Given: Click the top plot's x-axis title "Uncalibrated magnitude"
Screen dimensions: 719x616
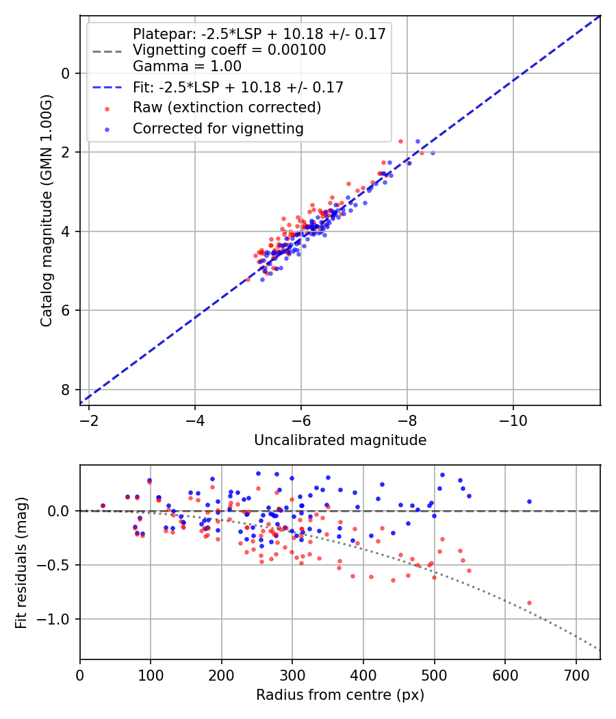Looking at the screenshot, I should pos(340,440).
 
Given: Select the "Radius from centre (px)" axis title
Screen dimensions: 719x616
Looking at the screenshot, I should pos(340,695).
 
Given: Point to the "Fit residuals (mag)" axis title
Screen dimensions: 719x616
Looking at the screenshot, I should pos(21,562).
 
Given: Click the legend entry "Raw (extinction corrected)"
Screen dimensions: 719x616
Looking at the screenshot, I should pos(227,108).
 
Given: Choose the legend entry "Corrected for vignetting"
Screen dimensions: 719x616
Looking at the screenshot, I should pos(218,128).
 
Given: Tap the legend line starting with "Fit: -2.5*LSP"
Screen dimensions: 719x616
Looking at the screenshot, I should pos(238,87).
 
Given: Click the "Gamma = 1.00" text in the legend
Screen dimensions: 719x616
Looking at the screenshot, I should pos(187,66).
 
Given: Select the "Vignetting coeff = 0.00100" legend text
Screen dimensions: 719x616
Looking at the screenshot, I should pos(229,50).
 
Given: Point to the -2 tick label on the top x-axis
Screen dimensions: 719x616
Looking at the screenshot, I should pos(89,420).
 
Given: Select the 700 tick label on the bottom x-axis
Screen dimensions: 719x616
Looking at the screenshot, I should pos(576,674).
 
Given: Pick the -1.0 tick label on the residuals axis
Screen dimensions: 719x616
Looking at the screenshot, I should pos(58,619).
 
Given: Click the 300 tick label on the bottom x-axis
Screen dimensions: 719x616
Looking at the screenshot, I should pos(292,674).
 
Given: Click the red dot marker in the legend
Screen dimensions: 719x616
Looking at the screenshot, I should pos(106,108).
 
